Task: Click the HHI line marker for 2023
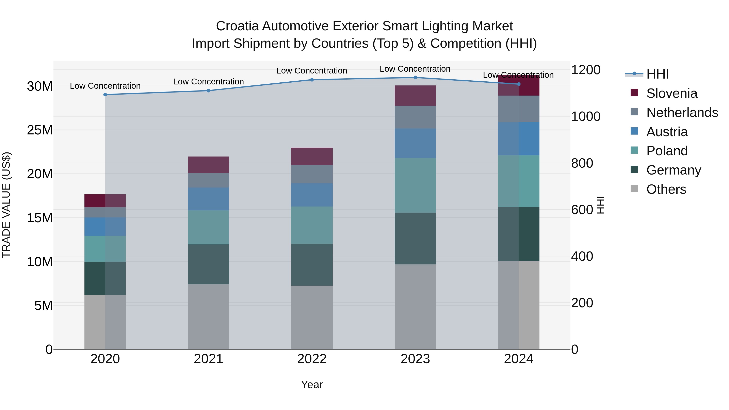click(x=415, y=78)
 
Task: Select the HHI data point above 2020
click(x=105, y=95)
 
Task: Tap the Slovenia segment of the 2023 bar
click(x=415, y=96)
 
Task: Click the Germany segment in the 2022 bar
click(x=312, y=265)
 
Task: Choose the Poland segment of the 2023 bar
click(x=415, y=185)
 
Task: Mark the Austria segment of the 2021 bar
click(x=208, y=199)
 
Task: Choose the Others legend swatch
click(x=634, y=189)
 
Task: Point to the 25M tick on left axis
click(x=40, y=130)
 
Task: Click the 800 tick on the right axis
click(x=582, y=163)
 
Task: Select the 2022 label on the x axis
click(x=312, y=359)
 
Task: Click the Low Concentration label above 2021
click(x=208, y=81)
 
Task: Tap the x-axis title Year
click(x=312, y=384)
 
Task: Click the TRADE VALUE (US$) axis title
click(x=6, y=205)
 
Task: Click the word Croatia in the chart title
click(x=237, y=26)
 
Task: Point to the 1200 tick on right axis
click(x=585, y=70)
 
